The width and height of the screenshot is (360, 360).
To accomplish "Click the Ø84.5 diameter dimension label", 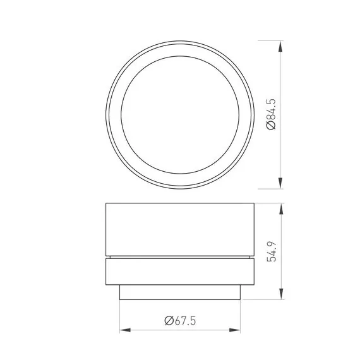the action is point(271,114).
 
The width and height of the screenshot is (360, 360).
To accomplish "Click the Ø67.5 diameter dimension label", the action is point(180,321).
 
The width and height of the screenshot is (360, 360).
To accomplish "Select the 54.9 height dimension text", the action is point(272,251).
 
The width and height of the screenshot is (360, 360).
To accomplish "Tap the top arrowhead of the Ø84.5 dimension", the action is point(280,47).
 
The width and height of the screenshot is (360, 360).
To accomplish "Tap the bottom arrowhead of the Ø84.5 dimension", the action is point(280,183).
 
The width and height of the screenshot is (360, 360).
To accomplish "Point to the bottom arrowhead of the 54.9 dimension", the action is point(281,294).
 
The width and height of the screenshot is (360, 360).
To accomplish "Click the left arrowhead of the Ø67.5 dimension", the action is point(125,330).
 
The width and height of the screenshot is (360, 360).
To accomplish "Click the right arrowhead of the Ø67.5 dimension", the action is point(235,330).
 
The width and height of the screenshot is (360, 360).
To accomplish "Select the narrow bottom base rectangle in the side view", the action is point(180,292).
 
